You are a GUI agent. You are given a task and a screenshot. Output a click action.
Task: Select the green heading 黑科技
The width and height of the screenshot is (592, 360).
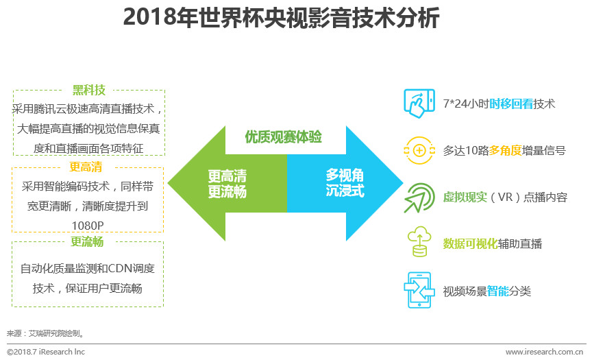(x=88, y=90)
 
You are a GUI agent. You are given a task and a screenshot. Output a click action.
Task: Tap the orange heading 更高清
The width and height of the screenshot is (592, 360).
(x=88, y=167)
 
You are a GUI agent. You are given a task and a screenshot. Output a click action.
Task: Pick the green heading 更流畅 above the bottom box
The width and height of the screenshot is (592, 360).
(x=88, y=241)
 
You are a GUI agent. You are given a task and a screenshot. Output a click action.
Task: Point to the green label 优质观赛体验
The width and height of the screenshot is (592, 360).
(x=284, y=136)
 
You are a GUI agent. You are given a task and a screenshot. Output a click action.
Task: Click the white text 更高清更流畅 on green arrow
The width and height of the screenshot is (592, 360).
(x=227, y=182)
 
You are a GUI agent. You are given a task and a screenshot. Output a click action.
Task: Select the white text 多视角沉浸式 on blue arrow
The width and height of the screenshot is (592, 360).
(x=345, y=182)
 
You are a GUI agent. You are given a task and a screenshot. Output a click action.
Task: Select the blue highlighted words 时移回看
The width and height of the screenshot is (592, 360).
(x=511, y=104)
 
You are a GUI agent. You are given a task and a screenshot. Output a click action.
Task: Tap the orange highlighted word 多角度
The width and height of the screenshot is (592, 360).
(x=508, y=150)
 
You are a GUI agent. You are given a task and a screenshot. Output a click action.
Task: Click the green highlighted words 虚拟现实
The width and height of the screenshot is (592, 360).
(x=465, y=197)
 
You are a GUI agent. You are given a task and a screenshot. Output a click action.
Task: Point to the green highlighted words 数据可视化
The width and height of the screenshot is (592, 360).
(x=470, y=243)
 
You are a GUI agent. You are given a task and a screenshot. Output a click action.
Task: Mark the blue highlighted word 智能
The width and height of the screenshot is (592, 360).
(x=498, y=291)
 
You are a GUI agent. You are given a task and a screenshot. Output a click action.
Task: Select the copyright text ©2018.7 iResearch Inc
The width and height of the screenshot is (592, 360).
(x=46, y=352)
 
